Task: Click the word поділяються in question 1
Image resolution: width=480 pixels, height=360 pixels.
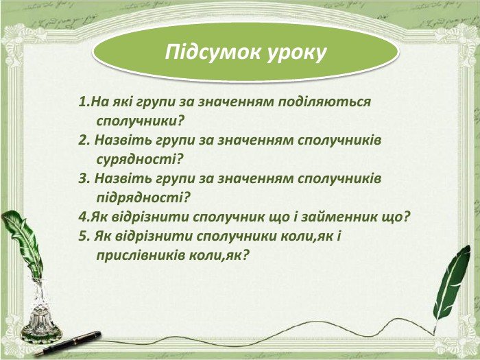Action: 324,102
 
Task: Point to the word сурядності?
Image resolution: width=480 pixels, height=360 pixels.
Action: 139,160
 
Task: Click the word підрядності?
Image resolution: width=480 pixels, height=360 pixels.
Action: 143,197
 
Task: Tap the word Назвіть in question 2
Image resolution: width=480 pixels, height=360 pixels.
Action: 123,140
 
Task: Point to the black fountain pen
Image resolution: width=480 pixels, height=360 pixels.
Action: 68,343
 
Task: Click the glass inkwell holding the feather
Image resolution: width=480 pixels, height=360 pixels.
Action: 40,312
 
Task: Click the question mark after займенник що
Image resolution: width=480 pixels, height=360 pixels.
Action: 406,217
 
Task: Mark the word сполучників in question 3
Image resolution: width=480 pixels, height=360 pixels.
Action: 339,179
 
